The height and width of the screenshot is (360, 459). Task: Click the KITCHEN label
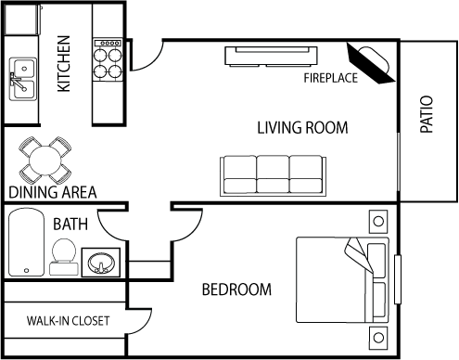pos(64,64)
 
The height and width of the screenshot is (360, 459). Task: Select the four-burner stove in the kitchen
pos(108,60)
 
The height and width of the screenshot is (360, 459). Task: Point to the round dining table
pos(45,161)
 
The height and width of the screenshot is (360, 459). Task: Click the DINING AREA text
pos(53,192)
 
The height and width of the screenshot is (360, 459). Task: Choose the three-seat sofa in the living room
pos(273,175)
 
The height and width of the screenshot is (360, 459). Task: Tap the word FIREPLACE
pos(330,78)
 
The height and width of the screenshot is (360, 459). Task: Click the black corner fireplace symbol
pos(370,63)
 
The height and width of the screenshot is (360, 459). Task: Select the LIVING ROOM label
pos(302,128)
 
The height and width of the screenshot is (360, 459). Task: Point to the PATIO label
pos(427,114)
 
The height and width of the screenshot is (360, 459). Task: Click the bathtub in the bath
pos(26,242)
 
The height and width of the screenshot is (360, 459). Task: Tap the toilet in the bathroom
pos(64,257)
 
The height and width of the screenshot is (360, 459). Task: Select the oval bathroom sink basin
pos(101,263)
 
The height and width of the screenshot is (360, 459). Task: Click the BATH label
pos(70,225)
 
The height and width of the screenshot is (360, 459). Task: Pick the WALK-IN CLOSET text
pos(68,321)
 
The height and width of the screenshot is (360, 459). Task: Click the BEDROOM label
pos(236,289)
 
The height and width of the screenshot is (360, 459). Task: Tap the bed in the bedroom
pos(342,280)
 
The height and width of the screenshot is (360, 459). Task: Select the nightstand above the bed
pos(378,222)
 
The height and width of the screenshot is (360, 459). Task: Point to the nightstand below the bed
pos(378,338)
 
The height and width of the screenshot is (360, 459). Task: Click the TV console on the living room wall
pos(271,57)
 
